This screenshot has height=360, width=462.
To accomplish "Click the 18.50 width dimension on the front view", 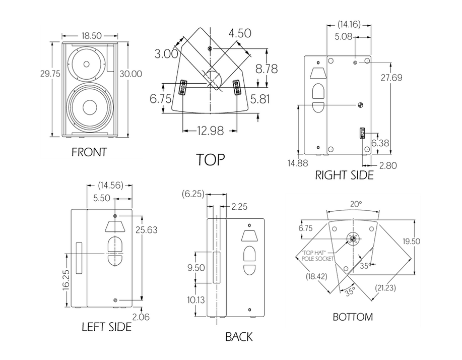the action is (x=91, y=36).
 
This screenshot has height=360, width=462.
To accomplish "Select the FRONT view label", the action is (x=89, y=152).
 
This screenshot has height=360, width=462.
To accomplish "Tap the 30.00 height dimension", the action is (x=130, y=74).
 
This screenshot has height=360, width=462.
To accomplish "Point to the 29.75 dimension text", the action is (x=50, y=74).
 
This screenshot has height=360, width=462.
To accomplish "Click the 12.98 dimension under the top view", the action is (x=210, y=131).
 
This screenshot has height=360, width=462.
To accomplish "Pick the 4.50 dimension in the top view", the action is (x=240, y=33).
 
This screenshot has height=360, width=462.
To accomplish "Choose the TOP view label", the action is (x=211, y=159).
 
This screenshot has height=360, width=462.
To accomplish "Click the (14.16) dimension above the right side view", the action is (x=349, y=25).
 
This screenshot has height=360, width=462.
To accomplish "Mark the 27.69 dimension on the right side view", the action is (x=391, y=78).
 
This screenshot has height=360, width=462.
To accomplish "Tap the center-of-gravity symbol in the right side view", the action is (x=360, y=105).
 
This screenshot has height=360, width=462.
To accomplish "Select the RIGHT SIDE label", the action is (x=344, y=175).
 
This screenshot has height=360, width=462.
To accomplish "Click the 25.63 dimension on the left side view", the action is (x=147, y=230).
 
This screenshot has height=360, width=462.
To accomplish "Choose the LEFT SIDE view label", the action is (x=107, y=327).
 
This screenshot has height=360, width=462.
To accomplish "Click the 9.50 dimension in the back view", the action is (x=196, y=268).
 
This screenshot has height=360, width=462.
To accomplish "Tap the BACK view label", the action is (x=239, y=337).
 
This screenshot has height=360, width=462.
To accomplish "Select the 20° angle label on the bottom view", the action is (x=356, y=204).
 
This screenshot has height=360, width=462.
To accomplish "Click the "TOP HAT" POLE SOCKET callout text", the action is (x=318, y=256).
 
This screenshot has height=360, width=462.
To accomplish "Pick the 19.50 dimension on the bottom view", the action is (x=411, y=242).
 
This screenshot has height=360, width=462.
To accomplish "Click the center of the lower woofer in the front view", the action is (x=90, y=107).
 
